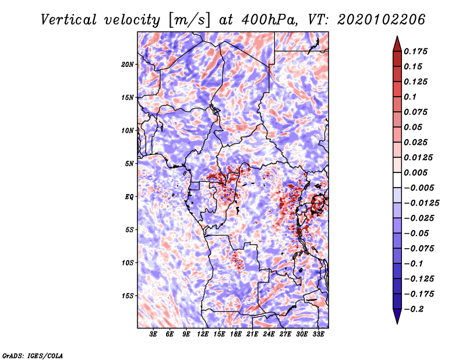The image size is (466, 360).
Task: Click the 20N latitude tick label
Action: (128, 65)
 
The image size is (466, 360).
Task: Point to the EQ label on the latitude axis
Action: (129, 197)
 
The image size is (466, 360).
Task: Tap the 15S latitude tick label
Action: (128, 296)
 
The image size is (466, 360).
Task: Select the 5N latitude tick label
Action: (129, 164)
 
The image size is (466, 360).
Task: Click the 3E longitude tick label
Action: (153, 334)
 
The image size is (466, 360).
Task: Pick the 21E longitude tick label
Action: (252, 334)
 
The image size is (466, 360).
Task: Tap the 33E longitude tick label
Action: (318, 334)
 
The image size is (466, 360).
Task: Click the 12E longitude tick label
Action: (203, 334)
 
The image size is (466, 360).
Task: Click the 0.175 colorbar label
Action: (415, 51)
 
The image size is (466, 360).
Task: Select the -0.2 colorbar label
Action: (414, 309)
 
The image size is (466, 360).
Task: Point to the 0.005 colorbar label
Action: (415, 172)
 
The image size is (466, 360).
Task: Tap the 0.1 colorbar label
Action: (410, 97)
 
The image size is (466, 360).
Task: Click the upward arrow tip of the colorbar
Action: (397, 36)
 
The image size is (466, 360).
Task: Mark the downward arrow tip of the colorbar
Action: (397, 323)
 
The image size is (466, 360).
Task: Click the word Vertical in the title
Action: (68, 20)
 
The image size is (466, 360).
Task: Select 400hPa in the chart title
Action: (269, 20)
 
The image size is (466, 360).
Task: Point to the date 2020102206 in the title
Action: (382, 20)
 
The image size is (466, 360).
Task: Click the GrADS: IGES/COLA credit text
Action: (33, 355)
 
